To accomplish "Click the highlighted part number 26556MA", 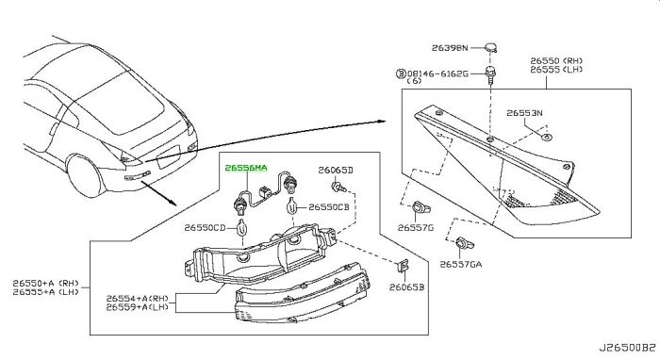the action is click(246, 169).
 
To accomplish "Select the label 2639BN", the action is click(450, 48).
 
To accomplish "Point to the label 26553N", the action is click(524, 113).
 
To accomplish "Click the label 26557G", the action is click(416, 227).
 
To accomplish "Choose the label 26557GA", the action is click(461, 264).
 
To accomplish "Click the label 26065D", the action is click(336, 170).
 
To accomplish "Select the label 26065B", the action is click(406, 287).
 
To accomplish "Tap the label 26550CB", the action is click(329, 207).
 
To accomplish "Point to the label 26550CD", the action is click(205, 227).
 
